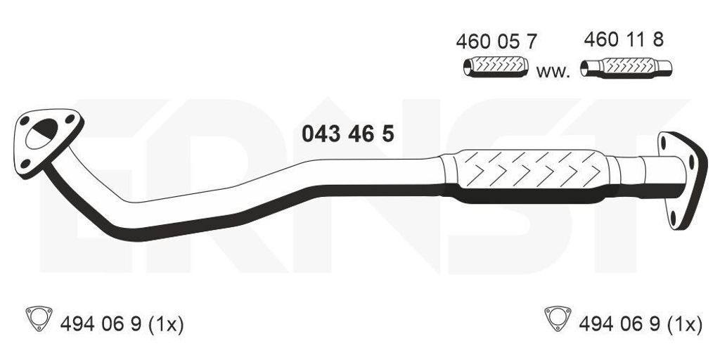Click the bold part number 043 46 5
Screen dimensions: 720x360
tap(347, 134)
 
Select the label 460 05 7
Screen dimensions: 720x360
tap(496, 41)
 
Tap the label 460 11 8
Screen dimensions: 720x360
tap(624, 40)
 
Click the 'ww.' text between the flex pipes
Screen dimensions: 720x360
tap(553, 72)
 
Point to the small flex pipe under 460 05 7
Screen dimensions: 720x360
tap(496, 67)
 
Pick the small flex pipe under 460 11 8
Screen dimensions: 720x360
tap(626, 67)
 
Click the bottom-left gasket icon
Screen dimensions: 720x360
tap(39, 318)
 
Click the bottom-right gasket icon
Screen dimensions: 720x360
tap(558, 318)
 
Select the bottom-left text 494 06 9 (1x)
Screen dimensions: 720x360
tap(122, 325)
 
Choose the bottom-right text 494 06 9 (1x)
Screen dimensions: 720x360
tap(641, 325)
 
